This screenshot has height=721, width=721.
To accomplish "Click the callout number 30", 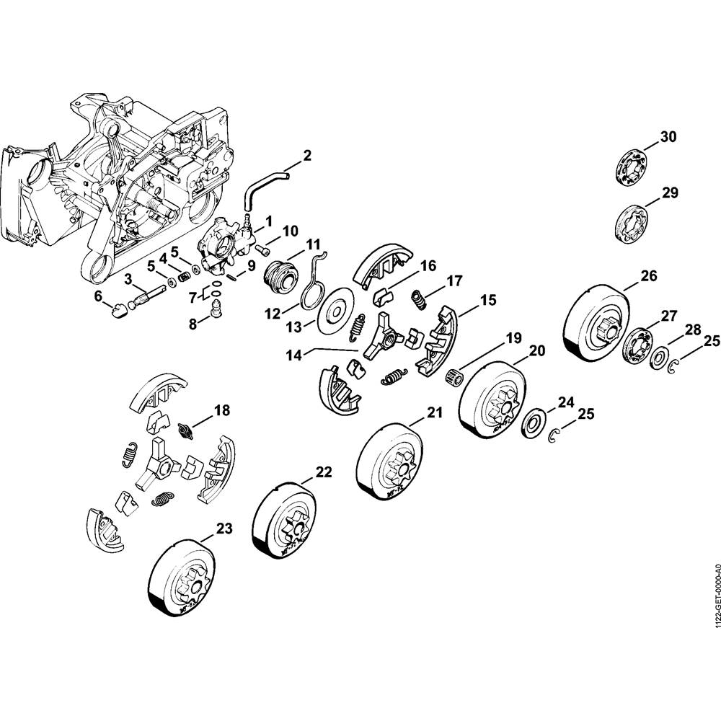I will [x=668, y=138].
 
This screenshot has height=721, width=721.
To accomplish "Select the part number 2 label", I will [x=307, y=155].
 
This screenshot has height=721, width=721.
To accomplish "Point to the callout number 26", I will [x=648, y=276].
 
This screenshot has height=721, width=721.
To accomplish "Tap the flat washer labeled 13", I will [x=337, y=311].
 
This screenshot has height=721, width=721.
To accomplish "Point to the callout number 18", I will [x=221, y=410].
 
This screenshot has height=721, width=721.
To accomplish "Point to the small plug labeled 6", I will [x=118, y=310].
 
